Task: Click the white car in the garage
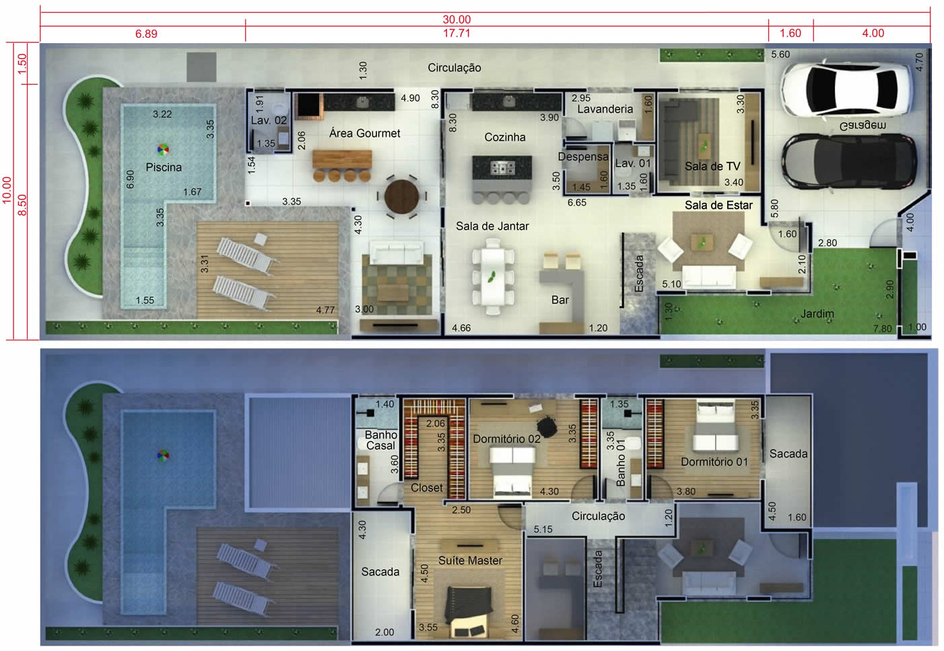click(x=844, y=90)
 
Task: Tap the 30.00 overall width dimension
click(x=457, y=20)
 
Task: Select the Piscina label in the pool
click(x=164, y=168)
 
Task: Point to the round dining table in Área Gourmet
click(x=401, y=197)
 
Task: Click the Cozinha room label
click(x=505, y=137)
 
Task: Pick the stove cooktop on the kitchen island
click(x=502, y=168)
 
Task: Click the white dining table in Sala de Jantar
click(x=492, y=276)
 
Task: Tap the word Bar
click(x=560, y=300)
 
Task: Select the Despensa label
click(x=583, y=157)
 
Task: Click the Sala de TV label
click(x=712, y=166)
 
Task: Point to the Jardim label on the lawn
click(x=817, y=313)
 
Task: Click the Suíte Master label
click(x=470, y=560)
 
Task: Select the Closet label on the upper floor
click(x=426, y=488)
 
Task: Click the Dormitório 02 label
click(x=506, y=439)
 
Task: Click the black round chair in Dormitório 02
click(x=547, y=427)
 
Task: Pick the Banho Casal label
click(x=381, y=440)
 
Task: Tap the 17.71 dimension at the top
click(x=457, y=33)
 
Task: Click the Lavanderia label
click(x=605, y=109)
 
